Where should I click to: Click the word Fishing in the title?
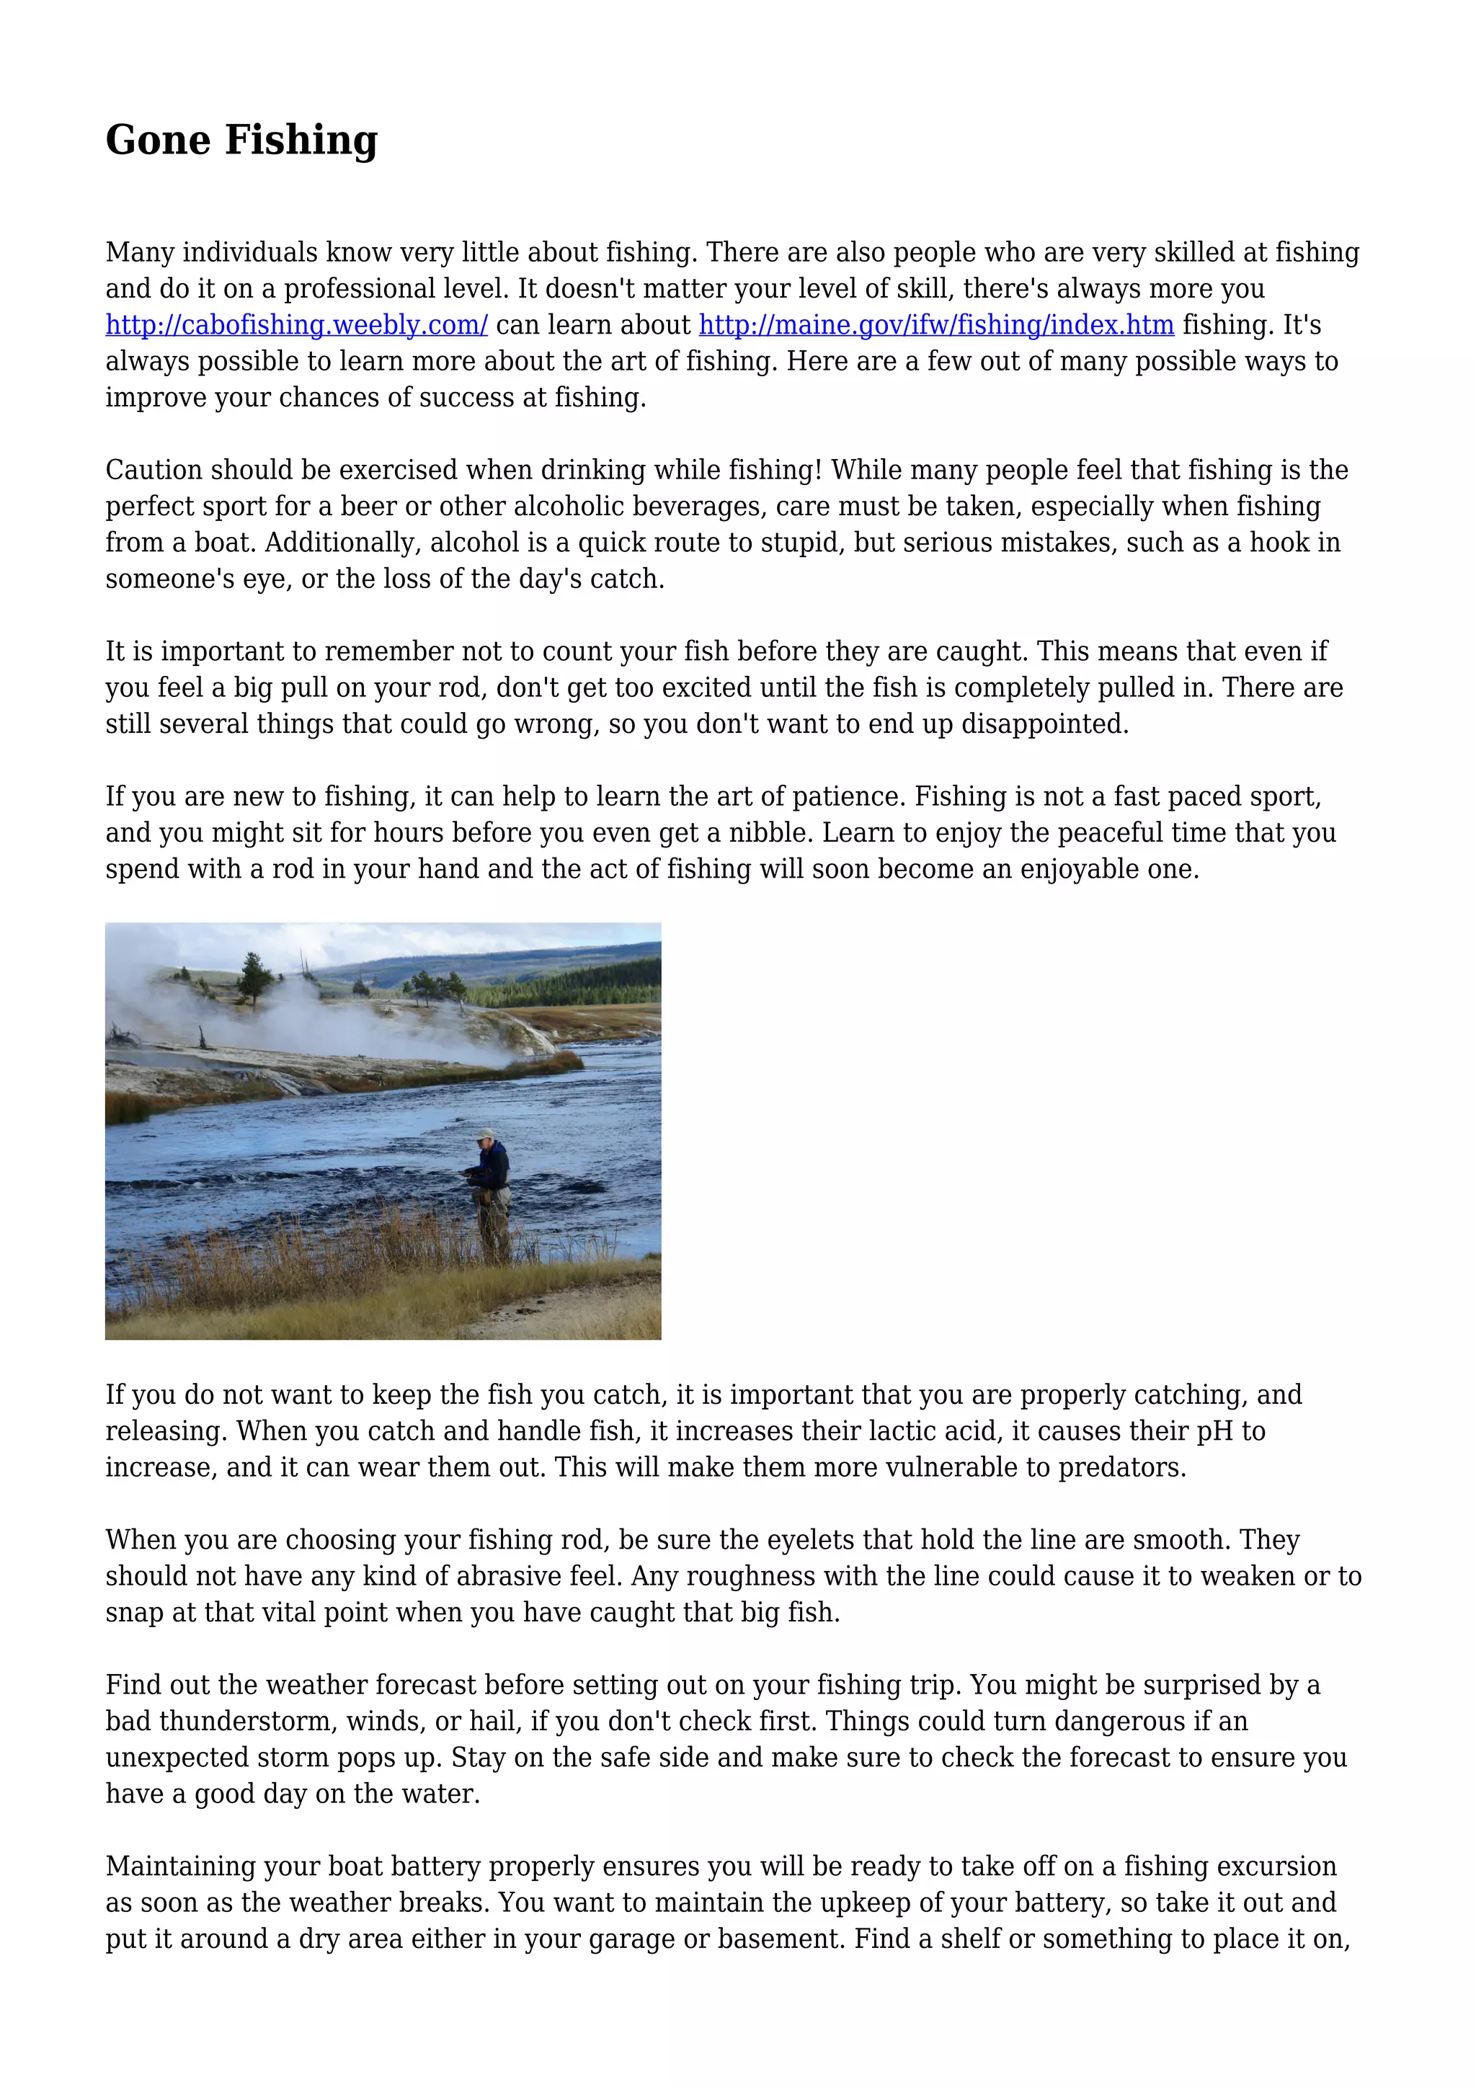tap(301, 141)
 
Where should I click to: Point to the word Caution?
tap(154, 470)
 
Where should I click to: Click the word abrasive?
tap(486, 1576)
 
